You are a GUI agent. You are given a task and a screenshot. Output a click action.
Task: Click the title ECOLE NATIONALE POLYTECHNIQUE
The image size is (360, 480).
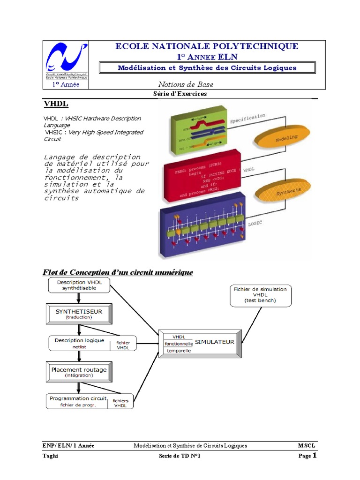coord(207,46)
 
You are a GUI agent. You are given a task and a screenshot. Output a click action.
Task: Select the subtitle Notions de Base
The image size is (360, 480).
coord(186,84)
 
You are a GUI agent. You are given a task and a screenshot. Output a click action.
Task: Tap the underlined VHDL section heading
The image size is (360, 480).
coord(56,104)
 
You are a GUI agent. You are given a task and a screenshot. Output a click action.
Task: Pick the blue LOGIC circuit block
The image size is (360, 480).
coord(202,225)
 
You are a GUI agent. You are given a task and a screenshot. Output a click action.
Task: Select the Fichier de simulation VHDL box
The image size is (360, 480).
coord(260,295)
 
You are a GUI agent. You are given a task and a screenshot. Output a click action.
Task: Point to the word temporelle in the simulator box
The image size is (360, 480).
coord(179,350)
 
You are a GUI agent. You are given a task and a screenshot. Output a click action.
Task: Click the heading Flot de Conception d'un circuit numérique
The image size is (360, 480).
coord(118,272)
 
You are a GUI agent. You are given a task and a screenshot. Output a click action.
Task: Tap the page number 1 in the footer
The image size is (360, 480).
coord(315,455)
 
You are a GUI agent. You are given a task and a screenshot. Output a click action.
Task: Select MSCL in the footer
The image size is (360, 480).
coord(307,445)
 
